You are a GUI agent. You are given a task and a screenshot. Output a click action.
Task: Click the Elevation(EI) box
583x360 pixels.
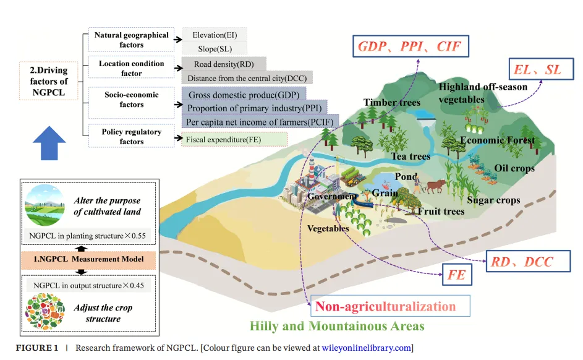215,35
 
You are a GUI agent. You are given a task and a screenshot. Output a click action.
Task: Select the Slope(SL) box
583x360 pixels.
215,49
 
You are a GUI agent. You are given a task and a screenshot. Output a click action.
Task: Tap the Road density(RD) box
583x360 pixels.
223,64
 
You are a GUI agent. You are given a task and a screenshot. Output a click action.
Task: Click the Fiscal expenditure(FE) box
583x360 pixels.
234,140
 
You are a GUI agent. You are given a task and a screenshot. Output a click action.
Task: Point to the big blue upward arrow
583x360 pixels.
49,144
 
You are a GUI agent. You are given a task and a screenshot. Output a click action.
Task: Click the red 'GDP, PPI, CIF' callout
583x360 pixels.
410,46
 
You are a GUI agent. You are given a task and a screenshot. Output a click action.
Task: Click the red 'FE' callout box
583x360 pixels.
457,275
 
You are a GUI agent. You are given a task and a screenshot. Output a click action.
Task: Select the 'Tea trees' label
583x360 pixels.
411,156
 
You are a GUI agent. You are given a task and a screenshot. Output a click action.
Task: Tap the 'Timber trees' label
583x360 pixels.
391,103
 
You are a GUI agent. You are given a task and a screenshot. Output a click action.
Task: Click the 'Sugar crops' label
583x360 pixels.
493,200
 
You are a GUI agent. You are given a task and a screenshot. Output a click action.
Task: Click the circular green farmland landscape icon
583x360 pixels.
45,207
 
